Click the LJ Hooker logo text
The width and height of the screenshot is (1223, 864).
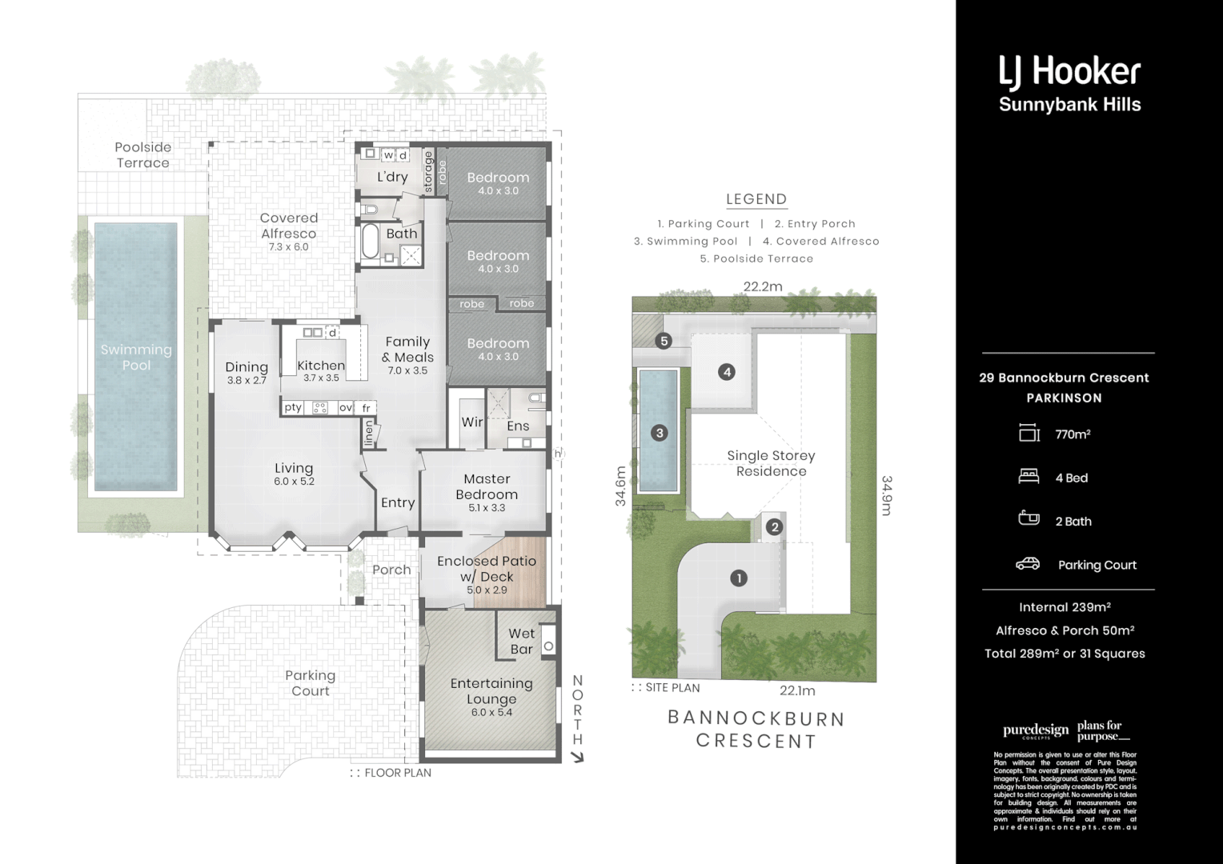point(1069,73)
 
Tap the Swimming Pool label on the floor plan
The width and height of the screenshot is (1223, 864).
point(136,357)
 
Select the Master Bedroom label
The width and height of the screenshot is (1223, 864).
point(487,486)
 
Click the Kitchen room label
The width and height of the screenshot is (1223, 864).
point(321,366)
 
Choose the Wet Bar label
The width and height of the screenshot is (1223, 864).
point(522,641)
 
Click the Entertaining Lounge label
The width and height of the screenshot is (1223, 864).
point(491,690)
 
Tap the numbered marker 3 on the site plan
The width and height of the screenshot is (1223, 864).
point(660,433)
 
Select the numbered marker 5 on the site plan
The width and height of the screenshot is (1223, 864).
point(664,341)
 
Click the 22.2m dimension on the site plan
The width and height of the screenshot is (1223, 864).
point(762,286)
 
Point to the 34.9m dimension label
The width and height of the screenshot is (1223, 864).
point(887,495)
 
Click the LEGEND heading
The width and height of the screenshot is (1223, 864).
point(756,199)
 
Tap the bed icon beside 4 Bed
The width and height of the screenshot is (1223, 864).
point(1029,477)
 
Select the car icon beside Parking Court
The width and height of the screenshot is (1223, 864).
point(1028,564)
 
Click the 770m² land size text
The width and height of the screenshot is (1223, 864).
point(1073,434)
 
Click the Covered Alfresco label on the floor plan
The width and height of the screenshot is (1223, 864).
point(289,226)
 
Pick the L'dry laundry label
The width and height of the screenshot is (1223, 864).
point(393,177)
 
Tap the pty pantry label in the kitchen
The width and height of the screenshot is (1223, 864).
point(293,407)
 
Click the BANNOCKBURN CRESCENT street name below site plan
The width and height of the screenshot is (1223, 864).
point(756,730)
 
